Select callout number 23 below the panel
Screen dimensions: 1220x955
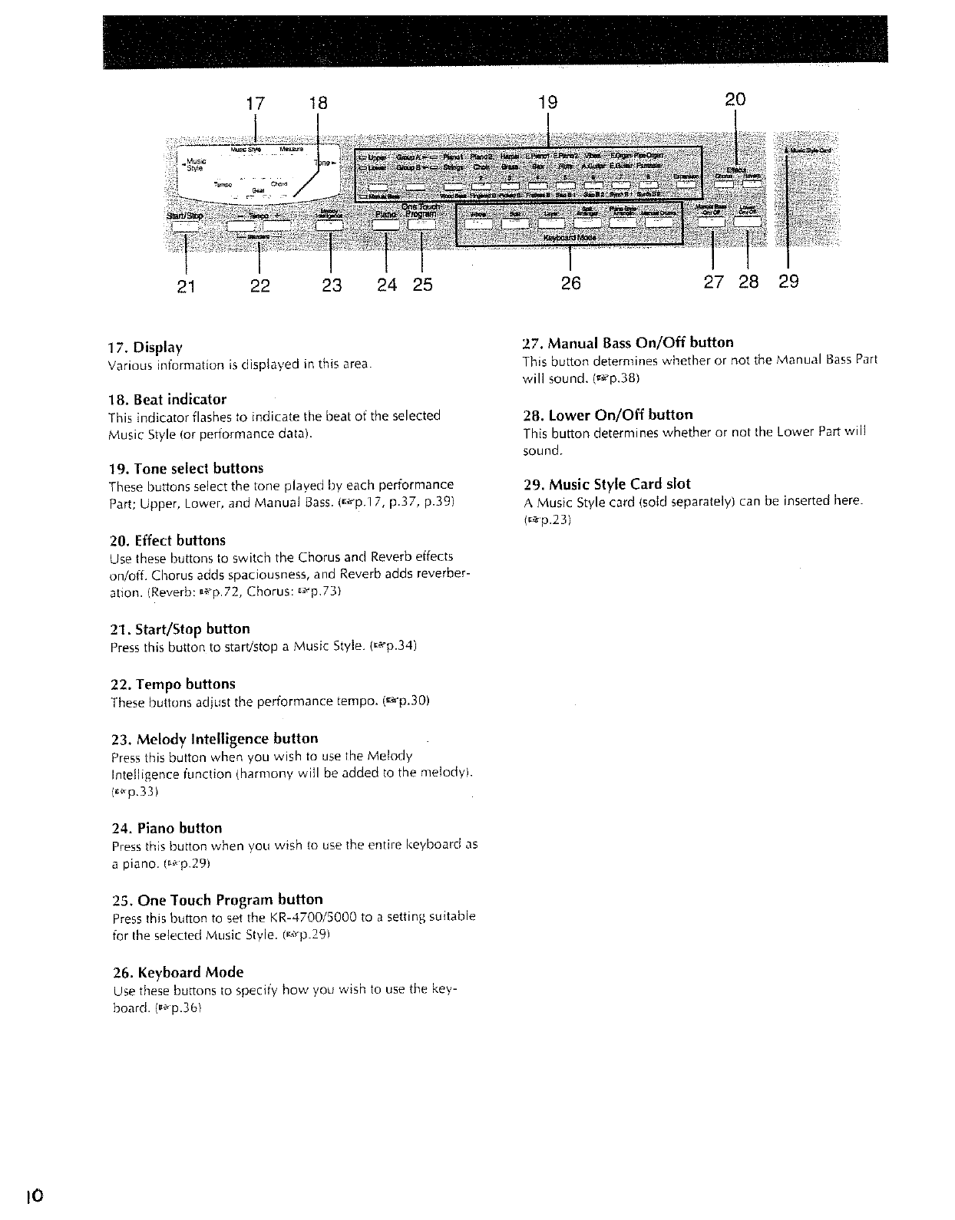332,285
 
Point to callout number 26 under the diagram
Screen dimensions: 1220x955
570,283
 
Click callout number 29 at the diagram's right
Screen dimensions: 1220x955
788,282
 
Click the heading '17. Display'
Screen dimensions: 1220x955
147,347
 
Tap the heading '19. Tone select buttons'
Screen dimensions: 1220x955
187,468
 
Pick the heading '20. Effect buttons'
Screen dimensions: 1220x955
168,540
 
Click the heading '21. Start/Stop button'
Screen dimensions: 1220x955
180,629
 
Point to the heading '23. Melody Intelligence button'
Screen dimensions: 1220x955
214,739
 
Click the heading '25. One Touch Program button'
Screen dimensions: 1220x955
217,899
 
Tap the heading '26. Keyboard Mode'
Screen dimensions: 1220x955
177,972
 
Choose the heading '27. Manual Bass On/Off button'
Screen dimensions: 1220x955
628,342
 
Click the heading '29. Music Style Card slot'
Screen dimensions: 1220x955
606,484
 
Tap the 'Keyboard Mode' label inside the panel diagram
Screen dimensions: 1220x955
570,238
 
